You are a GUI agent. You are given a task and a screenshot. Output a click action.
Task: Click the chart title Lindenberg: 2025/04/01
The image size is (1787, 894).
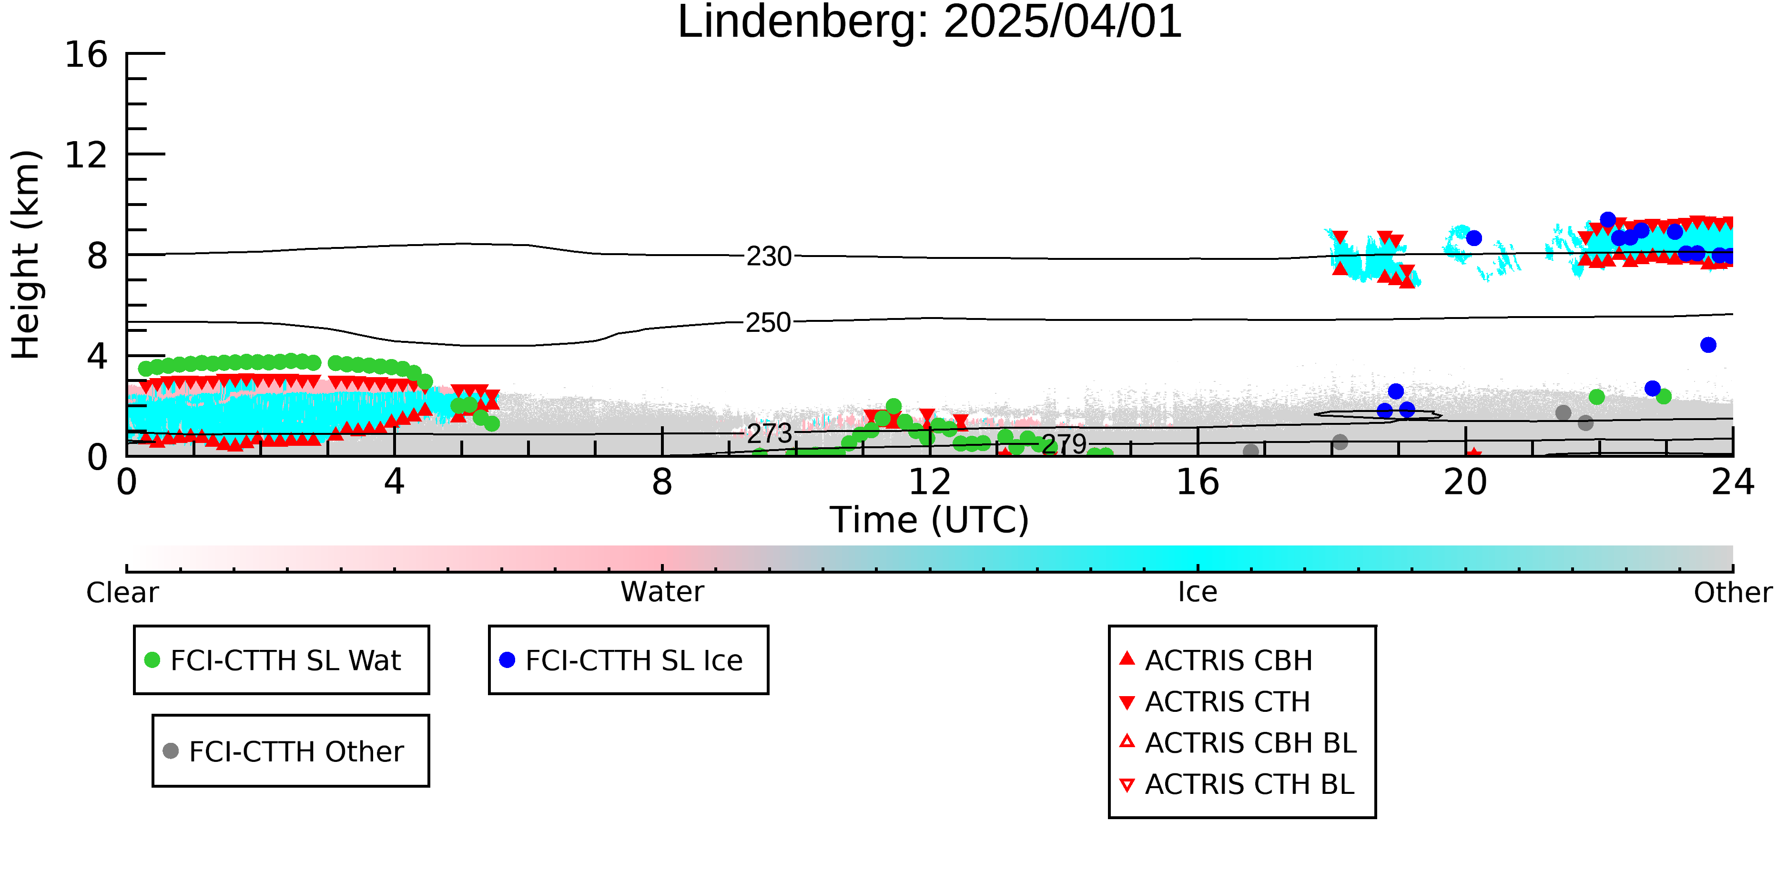[930, 22]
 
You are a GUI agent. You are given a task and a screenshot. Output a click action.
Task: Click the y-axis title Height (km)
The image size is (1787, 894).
[26, 255]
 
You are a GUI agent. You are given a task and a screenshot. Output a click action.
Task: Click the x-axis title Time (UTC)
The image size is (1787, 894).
[930, 520]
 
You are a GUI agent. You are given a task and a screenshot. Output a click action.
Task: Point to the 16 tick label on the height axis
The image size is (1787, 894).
[87, 54]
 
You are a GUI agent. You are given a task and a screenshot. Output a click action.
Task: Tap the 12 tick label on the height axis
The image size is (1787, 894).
[87, 155]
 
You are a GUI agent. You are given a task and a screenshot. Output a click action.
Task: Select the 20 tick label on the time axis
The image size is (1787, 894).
[1465, 482]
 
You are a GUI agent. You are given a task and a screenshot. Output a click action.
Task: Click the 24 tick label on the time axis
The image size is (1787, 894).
[1733, 482]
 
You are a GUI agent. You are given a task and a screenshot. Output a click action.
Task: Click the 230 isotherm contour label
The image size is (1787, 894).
[769, 257]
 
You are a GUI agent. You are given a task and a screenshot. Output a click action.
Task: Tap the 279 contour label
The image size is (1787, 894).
[1064, 444]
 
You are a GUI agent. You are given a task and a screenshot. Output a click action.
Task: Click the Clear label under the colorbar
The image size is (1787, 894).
[122, 593]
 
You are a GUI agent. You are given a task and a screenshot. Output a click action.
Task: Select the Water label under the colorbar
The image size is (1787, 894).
[662, 592]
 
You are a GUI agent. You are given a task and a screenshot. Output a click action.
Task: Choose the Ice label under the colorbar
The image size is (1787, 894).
[1198, 592]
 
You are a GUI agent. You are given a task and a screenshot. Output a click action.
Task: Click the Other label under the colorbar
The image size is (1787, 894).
[1733, 593]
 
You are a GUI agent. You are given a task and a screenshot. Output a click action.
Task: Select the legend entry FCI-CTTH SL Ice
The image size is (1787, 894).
[621, 660]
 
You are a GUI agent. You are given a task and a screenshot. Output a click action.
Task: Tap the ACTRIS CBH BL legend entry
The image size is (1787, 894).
[1239, 743]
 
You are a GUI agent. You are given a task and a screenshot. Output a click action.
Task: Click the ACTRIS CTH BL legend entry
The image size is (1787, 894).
[1237, 784]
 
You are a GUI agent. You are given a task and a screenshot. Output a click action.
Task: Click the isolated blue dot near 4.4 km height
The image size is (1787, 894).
[1708, 345]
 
